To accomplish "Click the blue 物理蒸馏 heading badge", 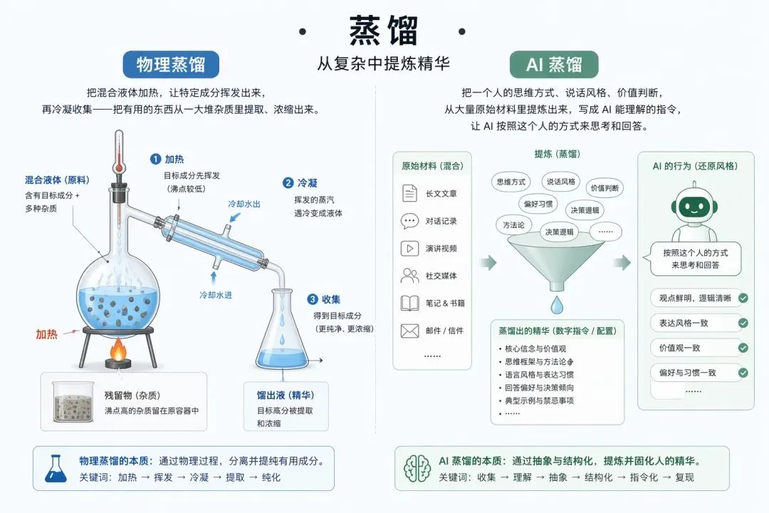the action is (171, 65).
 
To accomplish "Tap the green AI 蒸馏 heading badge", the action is (554, 65).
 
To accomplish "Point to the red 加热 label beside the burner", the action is (47, 333).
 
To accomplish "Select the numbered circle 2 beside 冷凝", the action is (288, 183).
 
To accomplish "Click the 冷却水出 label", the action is (244, 204).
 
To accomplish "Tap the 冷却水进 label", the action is (216, 294).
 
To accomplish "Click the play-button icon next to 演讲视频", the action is (409, 249).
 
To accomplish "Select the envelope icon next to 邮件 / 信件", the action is (409, 331).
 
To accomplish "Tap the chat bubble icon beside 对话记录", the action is (409, 221).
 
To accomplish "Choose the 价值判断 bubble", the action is (605, 188).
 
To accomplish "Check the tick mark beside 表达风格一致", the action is (743, 323).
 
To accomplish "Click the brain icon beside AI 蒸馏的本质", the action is (417, 468).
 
